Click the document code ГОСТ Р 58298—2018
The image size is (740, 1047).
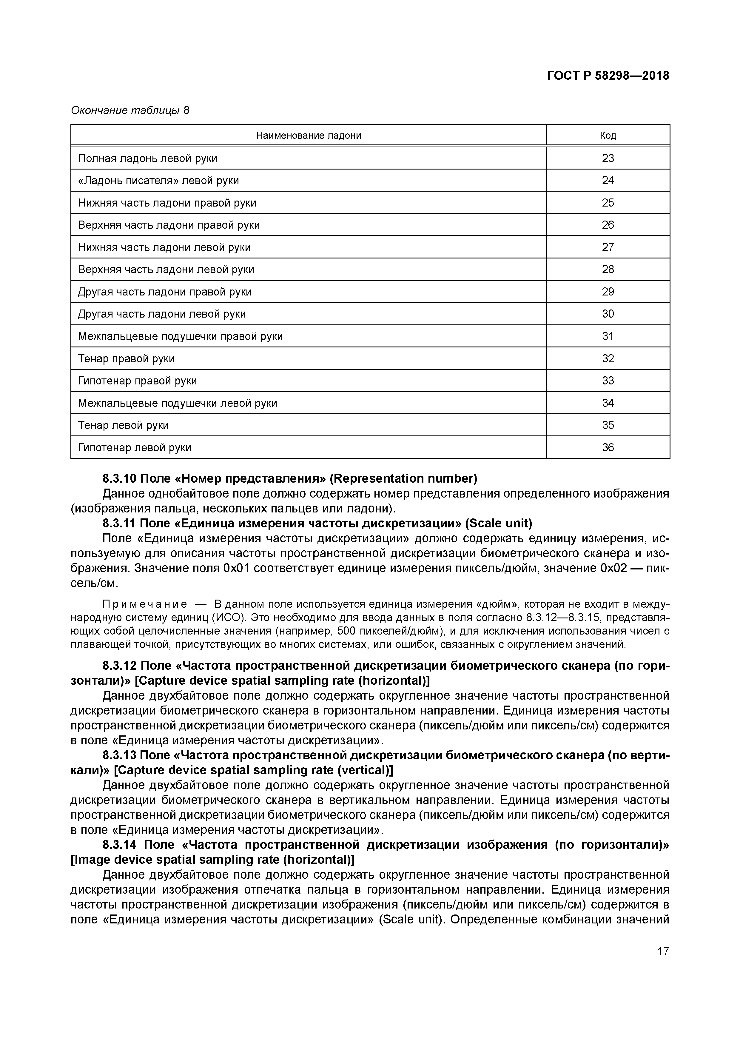pyautogui.click(x=608, y=76)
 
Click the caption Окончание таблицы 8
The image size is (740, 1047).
pyautogui.click(x=130, y=110)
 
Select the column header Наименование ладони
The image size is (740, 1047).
pyautogui.click(x=308, y=136)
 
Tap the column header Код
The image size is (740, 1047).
pyautogui.click(x=608, y=136)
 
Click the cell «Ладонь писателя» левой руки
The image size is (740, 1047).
pyautogui.click(x=158, y=181)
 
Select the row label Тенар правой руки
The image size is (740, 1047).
pyautogui.click(x=126, y=358)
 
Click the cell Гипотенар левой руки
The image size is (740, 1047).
pyautogui.click(x=135, y=447)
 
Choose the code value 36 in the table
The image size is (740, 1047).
pyautogui.click(x=608, y=447)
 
